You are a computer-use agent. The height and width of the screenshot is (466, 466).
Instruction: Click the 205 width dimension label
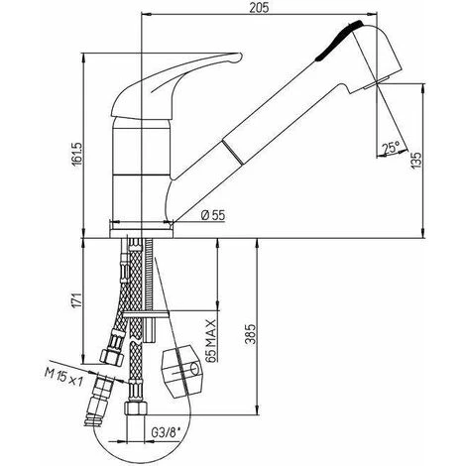click(260, 7)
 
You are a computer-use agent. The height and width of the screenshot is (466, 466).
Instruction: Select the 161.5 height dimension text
click(77, 155)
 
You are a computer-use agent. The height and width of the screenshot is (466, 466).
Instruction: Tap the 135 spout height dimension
click(416, 161)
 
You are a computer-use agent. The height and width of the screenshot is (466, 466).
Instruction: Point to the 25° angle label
click(391, 148)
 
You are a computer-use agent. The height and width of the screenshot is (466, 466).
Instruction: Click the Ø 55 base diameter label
click(213, 215)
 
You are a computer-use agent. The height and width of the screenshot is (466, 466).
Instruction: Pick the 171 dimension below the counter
click(77, 300)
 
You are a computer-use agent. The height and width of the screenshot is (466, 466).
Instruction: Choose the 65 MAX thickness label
click(212, 340)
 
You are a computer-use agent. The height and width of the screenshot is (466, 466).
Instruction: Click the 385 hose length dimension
click(251, 334)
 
